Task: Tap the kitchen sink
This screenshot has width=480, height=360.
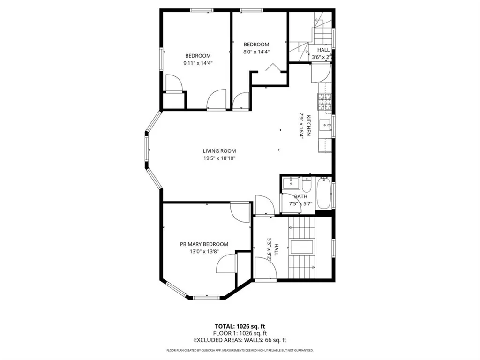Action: pyautogui.click(x=325, y=125)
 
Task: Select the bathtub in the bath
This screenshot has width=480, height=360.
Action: pyautogui.click(x=323, y=194)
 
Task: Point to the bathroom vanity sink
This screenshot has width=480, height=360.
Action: pyautogui.click(x=291, y=182)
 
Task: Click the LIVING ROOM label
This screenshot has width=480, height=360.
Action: pyautogui.click(x=219, y=151)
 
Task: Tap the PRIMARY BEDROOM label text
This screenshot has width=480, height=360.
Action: pyautogui.click(x=204, y=244)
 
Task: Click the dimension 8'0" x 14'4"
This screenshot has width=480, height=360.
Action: pyautogui.click(x=256, y=52)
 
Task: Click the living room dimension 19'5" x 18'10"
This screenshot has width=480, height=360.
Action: pyautogui.click(x=219, y=158)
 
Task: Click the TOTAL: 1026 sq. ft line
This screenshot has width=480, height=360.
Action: pyautogui.click(x=240, y=326)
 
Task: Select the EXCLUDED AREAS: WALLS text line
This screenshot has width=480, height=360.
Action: pyautogui.click(x=240, y=340)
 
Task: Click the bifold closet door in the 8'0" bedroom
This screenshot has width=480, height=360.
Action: pyautogui.click(x=272, y=68)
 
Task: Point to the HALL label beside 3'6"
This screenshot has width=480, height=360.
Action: pyautogui.click(x=323, y=50)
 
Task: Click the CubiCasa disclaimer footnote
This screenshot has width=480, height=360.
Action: pyautogui.click(x=240, y=350)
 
